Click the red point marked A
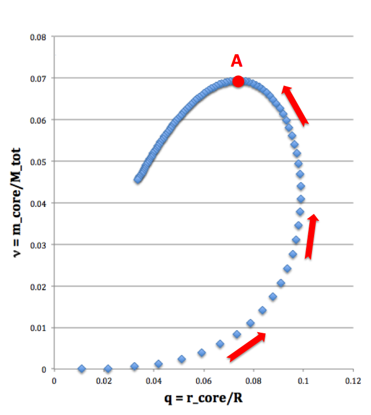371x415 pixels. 238,81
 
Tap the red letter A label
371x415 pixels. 237,61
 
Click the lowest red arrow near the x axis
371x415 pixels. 246,346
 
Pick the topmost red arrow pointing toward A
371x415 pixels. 295,105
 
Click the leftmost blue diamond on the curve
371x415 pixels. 82,369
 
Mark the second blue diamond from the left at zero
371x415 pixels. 108,369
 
